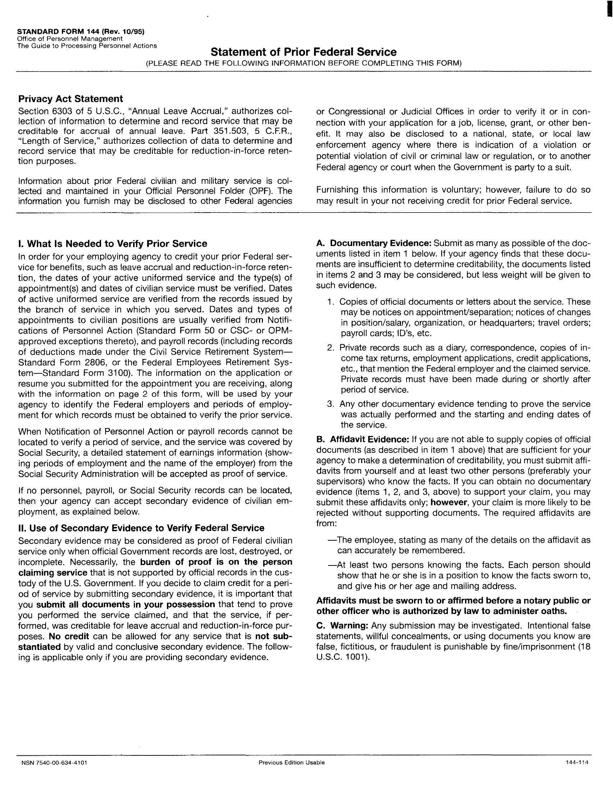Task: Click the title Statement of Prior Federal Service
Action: pos(303,52)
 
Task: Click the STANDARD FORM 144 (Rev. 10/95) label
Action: pos(81,32)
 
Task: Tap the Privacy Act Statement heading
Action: pos(71,99)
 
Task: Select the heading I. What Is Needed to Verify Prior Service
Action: pos(113,244)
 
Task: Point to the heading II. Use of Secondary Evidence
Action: pos(141,528)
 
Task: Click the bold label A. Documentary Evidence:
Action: pos(373,243)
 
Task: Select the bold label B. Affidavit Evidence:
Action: pos(362,439)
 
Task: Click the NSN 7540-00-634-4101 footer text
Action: pos(54,762)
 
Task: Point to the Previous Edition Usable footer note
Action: pos(291,762)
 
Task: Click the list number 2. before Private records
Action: pos(330,348)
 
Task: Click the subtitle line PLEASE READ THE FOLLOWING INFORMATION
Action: pos(303,63)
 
